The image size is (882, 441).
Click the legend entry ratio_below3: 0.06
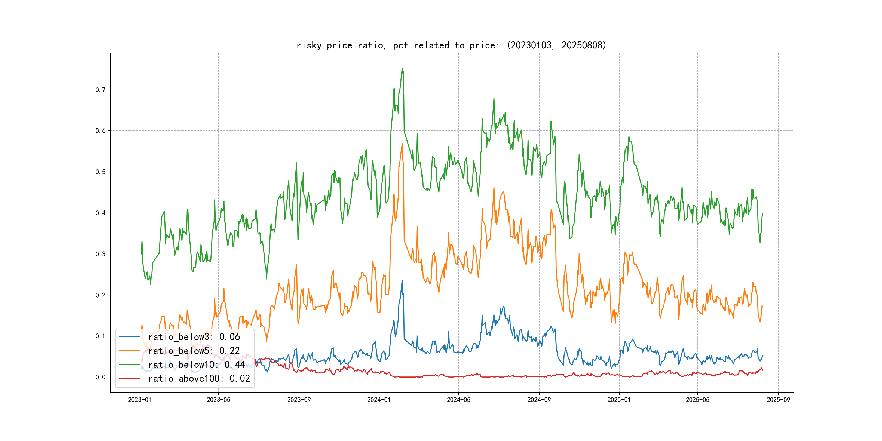click(194, 337)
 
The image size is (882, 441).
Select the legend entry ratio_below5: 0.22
click(194, 351)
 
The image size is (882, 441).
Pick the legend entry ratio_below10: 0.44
click(196, 365)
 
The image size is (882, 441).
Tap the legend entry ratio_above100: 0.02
click(199, 378)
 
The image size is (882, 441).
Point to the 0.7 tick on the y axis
click(100, 90)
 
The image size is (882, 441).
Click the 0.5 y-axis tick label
click(100, 172)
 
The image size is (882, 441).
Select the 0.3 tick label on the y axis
click(100, 254)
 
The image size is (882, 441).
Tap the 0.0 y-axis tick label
click(100, 377)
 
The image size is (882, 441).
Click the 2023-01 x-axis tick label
click(140, 400)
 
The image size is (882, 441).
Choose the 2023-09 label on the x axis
click(299, 400)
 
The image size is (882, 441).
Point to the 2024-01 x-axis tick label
click(379, 400)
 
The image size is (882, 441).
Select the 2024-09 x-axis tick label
click(539, 400)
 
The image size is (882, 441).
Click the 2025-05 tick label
click(697, 400)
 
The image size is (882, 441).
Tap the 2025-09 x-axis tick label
click(778, 400)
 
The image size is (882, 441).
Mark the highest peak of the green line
click(402, 69)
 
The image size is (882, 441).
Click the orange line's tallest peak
click(402, 144)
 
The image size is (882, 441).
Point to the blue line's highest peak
click(402, 281)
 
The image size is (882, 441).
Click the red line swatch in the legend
click(130, 378)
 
